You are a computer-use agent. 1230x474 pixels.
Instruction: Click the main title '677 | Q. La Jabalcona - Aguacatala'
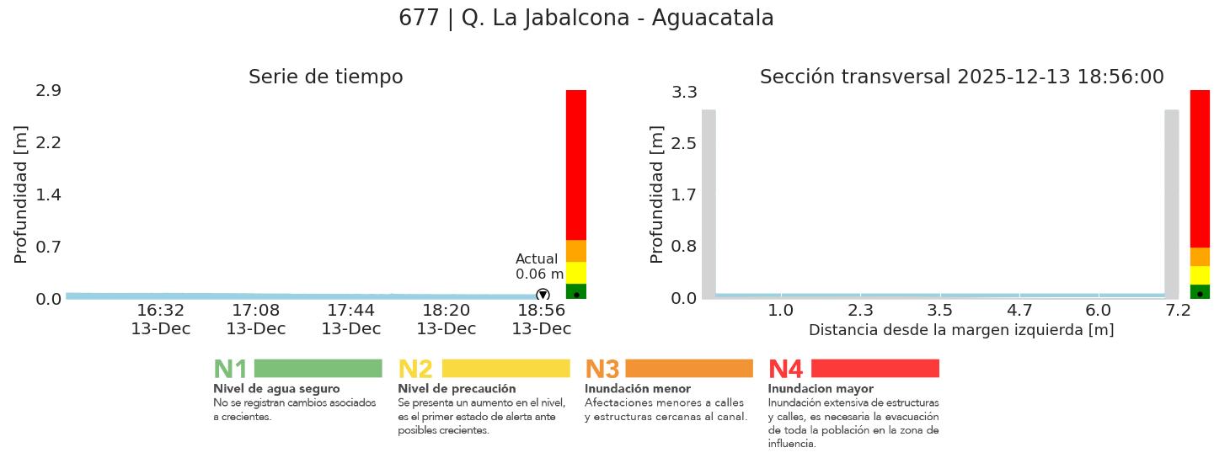tap(586, 19)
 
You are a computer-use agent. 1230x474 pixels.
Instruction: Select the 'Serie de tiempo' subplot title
tap(325, 77)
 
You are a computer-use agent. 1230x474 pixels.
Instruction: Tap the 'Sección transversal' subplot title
tap(961, 77)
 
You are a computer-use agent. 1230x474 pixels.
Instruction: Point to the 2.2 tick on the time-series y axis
tap(48, 142)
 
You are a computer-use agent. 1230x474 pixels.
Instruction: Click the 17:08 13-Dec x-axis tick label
tap(255, 320)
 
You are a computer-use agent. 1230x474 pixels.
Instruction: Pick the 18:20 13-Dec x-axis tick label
tap(446, 320)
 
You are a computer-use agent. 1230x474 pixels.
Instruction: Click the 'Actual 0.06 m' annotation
tap(539, 266)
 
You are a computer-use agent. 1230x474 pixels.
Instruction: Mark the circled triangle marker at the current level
tap(543, 295)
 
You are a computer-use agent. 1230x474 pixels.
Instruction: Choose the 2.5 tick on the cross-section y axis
tap(683, 143)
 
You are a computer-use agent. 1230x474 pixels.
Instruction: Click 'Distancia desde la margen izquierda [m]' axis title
tap(961, 330)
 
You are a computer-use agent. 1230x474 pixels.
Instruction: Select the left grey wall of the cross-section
tap(709, 202)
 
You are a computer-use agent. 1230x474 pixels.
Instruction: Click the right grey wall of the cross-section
tap(1171, 202)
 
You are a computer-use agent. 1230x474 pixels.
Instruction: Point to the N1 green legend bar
tap(318, 368)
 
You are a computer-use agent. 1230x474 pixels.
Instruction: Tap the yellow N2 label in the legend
tap(414, 369)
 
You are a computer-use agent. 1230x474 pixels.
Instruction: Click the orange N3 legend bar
tap(688, 368)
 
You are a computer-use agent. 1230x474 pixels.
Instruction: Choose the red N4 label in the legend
tap(785, 369)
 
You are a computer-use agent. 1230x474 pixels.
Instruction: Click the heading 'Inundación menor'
tap(637, 389)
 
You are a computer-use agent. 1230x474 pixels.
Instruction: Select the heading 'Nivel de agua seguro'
tap(276, 389)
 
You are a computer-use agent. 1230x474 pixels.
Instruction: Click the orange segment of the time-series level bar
tap(576, 251)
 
